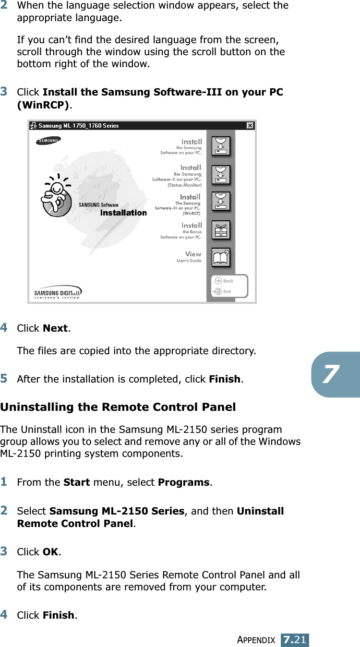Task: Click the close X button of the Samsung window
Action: coord(250,126)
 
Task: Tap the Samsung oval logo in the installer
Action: coord(48,141)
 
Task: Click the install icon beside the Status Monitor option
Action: coord(221,175)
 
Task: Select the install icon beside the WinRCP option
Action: coord(221,202)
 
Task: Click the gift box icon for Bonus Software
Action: coord(221,230)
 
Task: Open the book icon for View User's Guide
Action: coord(221,257)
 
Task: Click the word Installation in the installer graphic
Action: coord(123,213)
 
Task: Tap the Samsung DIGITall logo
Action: coord(58,292)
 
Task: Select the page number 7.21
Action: coord(295,640)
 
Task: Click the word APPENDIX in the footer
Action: coord(257,640)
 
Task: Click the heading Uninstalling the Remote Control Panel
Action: coord(118,407)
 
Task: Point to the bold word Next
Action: coord(55,328)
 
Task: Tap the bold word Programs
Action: coord(183,482)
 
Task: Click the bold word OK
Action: coord(51,552)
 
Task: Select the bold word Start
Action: coord(76,482)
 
